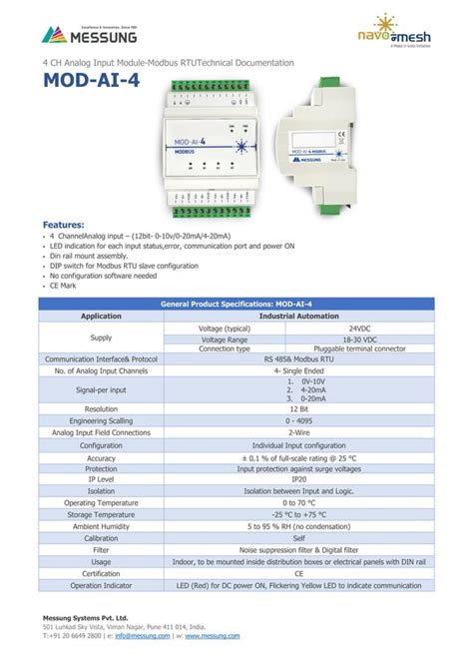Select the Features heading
tap(62, 226)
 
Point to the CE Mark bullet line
tap(65, 285)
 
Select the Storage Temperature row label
tap(101, 514)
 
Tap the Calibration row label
tap(101, 537)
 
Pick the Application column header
tap(101, 316)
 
